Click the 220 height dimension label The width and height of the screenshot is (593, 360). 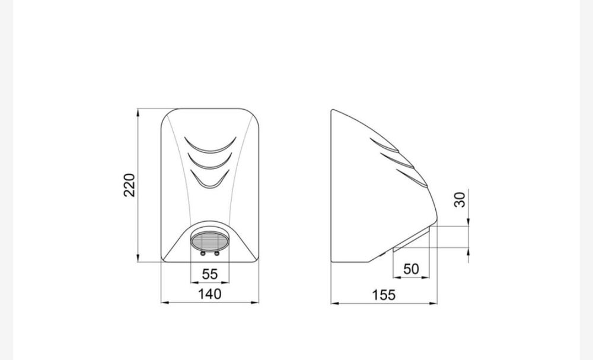tap(129, 185)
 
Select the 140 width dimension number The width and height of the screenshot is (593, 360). tap(210, 294)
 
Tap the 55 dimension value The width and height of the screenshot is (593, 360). tap(210, 274)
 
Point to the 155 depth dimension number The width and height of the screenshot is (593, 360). tap(384, 295)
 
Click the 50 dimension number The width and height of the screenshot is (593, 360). tap(411, 269)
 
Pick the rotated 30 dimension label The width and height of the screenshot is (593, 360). tap(460, 200)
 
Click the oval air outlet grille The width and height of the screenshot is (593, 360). tap(209, 241)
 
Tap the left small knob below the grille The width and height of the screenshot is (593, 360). tap(203, 253)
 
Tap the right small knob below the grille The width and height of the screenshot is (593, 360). tap(216, 253)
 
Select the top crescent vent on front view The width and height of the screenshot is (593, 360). tap(210, 149)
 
